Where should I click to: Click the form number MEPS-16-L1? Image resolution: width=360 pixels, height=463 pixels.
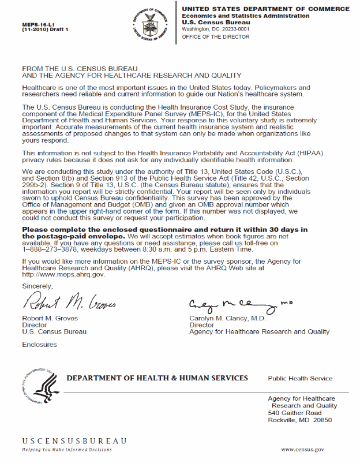click(x=37, y=24)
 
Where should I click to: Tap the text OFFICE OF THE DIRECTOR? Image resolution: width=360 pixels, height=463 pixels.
click(x=215, y=37)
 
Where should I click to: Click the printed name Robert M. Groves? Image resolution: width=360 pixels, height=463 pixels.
click(x=50, y=318)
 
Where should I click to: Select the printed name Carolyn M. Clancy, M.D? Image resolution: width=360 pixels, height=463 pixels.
click(x=227, y=318)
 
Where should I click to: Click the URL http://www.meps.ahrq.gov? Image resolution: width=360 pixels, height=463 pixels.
click(x=63, y=274)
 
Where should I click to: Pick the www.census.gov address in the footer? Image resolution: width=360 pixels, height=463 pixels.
click(x=302, y=449)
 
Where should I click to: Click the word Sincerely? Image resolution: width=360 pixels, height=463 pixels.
click(x=37, y=286)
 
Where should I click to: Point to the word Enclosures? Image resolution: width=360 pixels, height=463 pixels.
click(x=39, y=345)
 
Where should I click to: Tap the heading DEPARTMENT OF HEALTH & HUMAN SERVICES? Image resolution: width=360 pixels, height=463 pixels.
click(x=157, y=378)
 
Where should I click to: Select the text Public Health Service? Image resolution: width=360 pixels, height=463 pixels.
click(x=300, y=379)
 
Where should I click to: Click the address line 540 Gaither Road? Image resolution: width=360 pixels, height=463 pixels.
click(x=295, y=413)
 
